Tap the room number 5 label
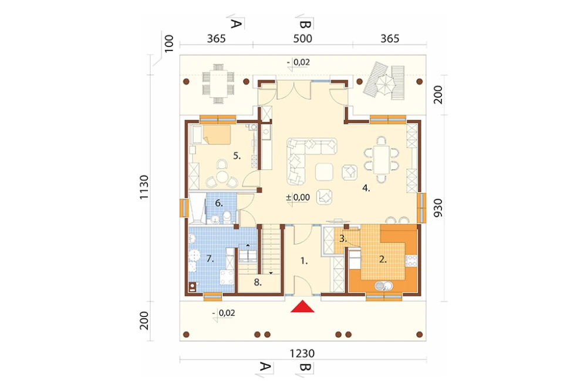(237, 156)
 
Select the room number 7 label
(210, 258)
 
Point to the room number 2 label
(383, 259)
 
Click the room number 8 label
(258, 282)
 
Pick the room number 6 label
(219, 203)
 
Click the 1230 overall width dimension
(302, 353)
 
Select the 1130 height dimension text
(144, 187)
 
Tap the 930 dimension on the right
(438, 208)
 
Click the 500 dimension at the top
(302, 39)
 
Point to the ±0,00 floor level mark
(298, 197)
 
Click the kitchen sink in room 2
(383, 286)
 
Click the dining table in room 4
(382, 160)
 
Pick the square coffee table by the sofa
(324, 172)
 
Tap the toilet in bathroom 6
(227, 217)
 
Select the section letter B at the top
(305, 25)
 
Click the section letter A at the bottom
(265, 366)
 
